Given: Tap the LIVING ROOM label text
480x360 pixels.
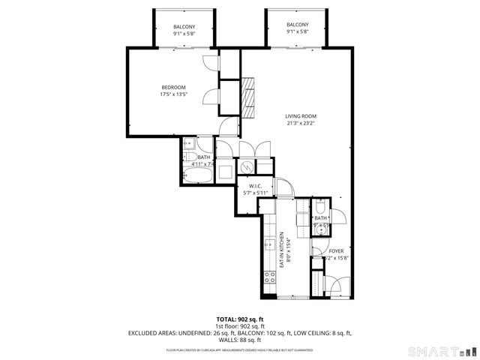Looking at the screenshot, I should click(x=301, y=116).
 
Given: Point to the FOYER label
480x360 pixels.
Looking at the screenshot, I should click(x=336, y=251).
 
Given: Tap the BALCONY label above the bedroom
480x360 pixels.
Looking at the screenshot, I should click(x=184, y=27).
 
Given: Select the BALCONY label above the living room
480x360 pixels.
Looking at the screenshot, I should click(x=297, y=25).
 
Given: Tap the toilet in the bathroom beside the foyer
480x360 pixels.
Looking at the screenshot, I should click(x=320, y=208).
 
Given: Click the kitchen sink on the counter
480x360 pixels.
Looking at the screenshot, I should click(x=269, y=244).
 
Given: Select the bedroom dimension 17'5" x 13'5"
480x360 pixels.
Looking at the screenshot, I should click(x=172, y=94).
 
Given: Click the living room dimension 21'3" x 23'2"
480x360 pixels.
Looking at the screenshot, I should click(x=301, y=124).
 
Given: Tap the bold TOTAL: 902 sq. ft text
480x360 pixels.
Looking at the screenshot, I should click(x=240, y=319).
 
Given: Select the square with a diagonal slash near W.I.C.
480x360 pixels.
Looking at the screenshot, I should click(x=246, y=167).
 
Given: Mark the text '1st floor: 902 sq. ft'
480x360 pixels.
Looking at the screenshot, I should click(x=240, y=326).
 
